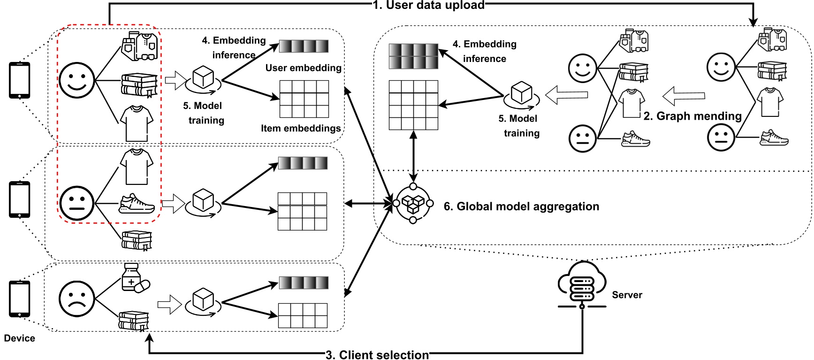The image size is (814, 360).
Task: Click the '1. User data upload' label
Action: pyautogui.click(x=428, y=5)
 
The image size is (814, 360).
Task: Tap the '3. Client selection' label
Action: pyautogui.click(x=377, y=355)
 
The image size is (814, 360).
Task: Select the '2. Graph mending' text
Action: pyautogui.click(x=692, y=116)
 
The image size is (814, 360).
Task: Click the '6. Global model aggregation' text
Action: pyautogui.click(x=521, y=207)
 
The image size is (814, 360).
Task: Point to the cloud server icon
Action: pyautogui.click(x=582, y=283)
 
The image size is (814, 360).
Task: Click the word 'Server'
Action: pyautogui.click(x=627, y=295)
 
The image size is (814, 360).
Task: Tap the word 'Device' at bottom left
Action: pyautogui.click(x=19, y=338)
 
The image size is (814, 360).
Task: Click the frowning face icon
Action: pyautogui.click(x=76, y=299)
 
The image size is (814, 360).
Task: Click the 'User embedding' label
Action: pyautogui.click(x=303, y=68)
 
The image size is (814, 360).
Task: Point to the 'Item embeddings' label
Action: pyautogui.click(x=301, y=128)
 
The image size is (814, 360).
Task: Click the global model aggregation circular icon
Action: pyautogui.click(x=413, y=203)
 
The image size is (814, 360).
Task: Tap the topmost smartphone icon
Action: pyautogui.click(x=20, y=80)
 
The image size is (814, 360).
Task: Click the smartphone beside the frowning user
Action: pyautogui.click(x=20, y=299)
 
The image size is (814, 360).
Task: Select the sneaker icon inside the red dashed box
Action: pyautogui.click(x=137, y=204)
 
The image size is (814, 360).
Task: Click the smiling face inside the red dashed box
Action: pyautogui.click(x=77, y=80)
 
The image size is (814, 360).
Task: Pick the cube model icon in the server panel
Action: pyautogui.click(x=521, y=93)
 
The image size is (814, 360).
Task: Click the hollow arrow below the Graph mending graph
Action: pyautogui.click(x=684, y=96)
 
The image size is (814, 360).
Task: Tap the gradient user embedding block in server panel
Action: pyautogui.click(x=413, y=56)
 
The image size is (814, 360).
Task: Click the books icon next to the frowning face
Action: pyautogui.click(x=134, y=321)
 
